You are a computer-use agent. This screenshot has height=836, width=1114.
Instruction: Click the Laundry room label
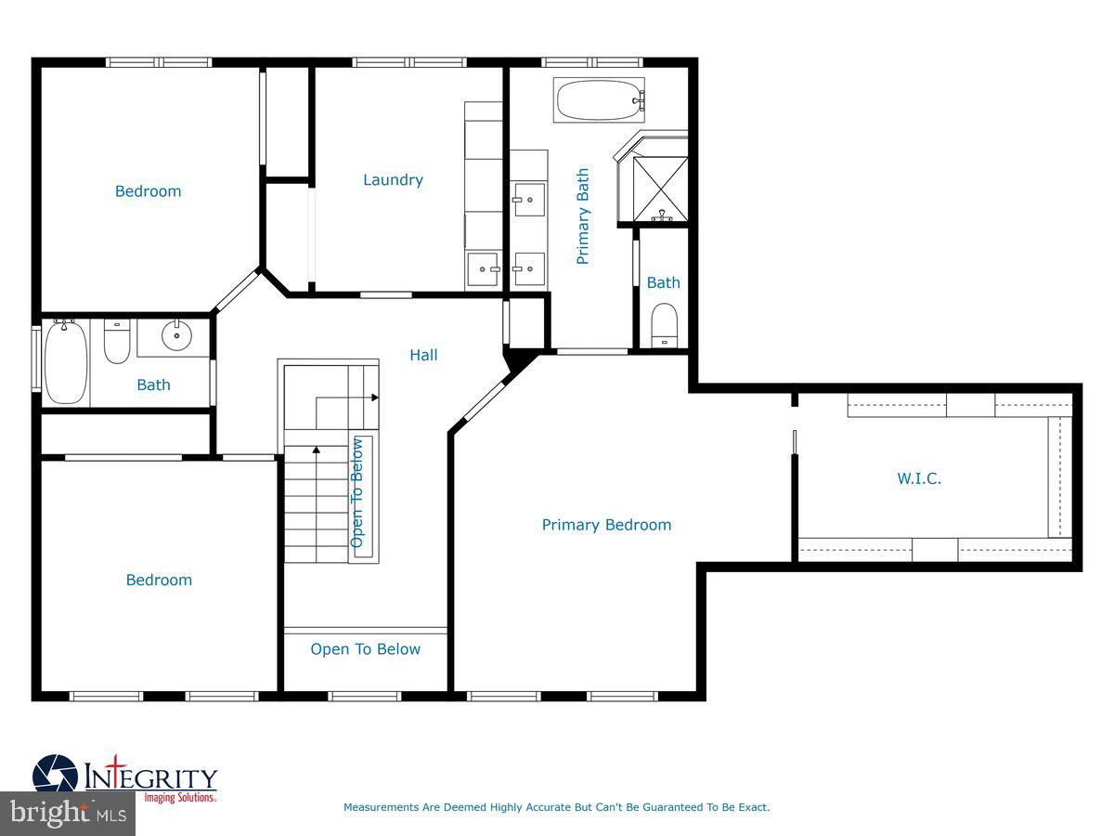point(393,180)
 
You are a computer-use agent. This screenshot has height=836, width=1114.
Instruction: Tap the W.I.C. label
point(919,479)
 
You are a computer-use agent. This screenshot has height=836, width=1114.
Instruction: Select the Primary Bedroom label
point(606,525)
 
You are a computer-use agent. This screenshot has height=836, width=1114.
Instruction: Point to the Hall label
point(423,355)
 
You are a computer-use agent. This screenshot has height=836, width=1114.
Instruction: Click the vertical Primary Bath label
point(583,216)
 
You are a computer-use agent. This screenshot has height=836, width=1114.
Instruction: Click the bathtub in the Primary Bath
point(599,99)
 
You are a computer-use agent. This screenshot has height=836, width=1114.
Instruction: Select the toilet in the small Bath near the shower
point(665,325)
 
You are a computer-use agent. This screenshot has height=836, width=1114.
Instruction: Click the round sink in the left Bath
point(176,335)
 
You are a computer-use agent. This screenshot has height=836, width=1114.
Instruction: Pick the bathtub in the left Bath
point(65,362)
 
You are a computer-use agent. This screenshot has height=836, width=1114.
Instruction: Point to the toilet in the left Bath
point(117,342)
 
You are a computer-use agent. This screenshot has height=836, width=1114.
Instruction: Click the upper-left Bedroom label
point(148,191)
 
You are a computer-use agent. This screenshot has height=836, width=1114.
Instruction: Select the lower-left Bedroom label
point(159,580)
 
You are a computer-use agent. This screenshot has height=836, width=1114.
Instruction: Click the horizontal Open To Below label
point(365,649)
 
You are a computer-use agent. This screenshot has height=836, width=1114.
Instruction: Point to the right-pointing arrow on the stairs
point(374,398)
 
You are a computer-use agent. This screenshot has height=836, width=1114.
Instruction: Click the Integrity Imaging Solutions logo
point(125,778)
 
